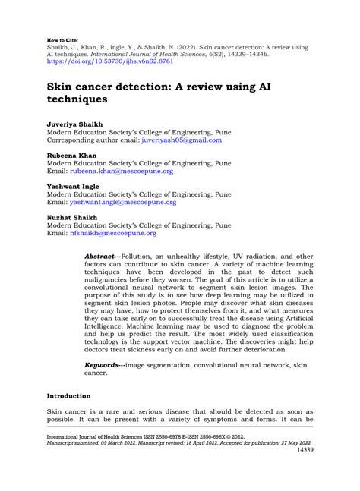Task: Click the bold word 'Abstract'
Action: point(102,257)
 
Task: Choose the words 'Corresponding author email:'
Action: point(94,140)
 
